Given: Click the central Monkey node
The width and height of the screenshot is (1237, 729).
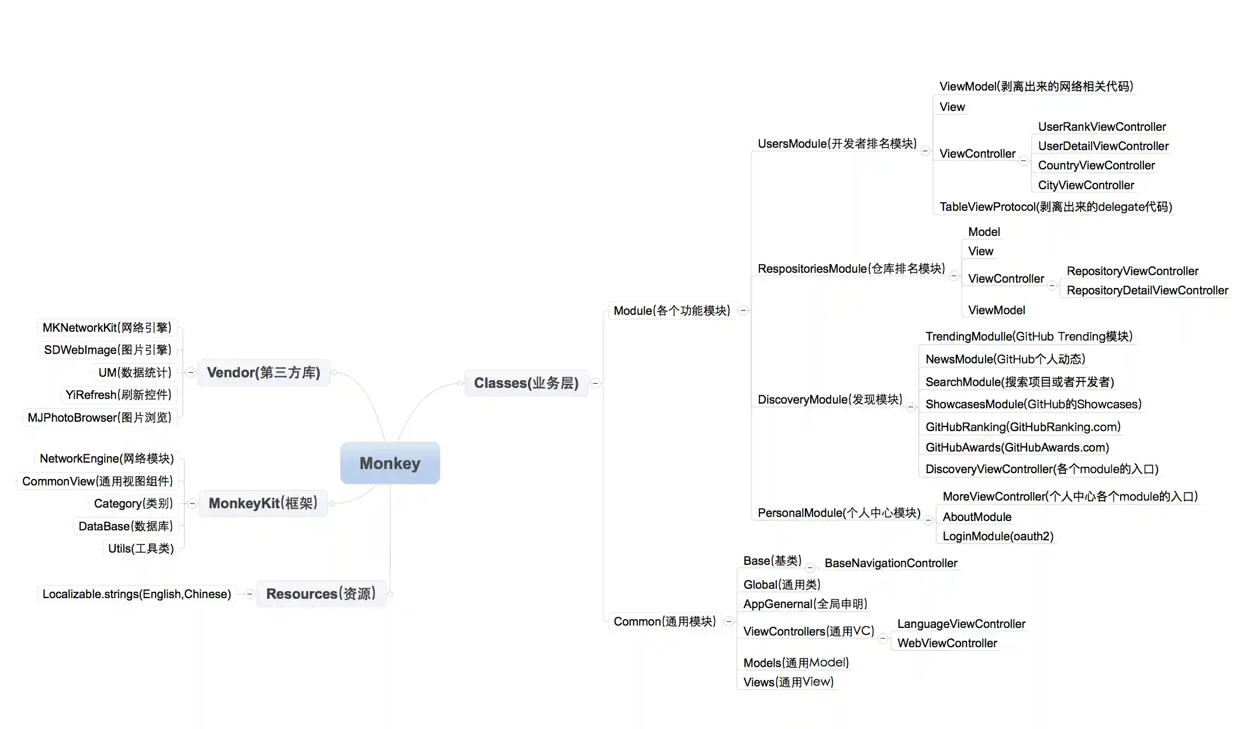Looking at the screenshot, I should (390, 463).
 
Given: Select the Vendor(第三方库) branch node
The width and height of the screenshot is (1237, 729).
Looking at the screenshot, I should (264, 373).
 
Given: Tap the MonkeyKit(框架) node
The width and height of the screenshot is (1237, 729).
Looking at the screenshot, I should (263, 504).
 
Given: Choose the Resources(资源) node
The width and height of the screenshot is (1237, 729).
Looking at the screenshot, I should (321, 594).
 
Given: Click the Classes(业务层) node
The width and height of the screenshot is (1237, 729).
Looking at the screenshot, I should (526, 383).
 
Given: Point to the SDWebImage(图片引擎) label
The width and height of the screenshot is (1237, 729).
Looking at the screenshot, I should (108, 350).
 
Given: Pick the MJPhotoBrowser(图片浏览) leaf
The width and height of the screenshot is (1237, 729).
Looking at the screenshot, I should (99, 418).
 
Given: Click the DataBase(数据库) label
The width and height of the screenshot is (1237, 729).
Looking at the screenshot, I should (126, 526).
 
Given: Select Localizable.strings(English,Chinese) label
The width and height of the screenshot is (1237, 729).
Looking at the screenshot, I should (137, 594).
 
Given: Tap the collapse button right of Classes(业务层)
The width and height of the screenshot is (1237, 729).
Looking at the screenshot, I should (595, 384).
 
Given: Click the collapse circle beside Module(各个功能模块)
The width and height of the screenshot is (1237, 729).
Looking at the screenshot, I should (743, 311).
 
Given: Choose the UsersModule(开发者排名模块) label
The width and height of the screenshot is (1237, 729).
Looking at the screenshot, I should (837, 144).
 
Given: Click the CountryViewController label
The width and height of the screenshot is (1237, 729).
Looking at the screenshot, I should (1096, 165).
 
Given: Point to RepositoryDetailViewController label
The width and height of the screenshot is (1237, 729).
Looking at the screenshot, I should (1147, 290).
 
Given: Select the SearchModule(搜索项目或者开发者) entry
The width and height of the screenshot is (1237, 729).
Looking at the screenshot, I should (1020, 382).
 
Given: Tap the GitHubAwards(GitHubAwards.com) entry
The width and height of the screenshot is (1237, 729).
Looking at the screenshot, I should (1017, 447).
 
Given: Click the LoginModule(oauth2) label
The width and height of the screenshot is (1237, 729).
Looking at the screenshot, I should (998, 536).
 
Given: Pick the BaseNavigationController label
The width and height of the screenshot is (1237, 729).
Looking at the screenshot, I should (891, 563).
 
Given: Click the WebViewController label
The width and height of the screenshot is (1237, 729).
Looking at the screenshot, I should (947, 643).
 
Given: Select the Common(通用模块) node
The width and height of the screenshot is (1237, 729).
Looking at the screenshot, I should (665, 622).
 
